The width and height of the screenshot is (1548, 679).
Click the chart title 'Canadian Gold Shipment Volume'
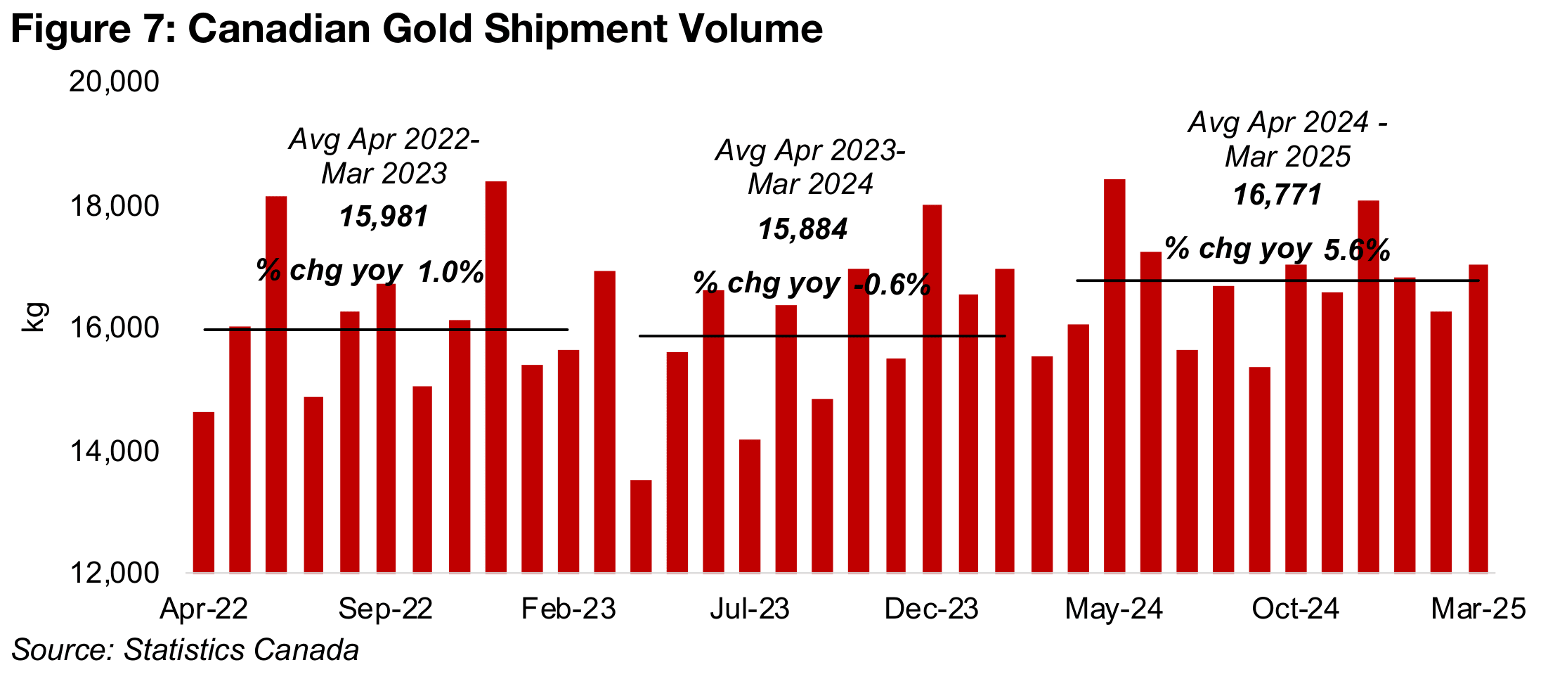[416, 30]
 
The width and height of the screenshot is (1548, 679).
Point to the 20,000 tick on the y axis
[114, 82]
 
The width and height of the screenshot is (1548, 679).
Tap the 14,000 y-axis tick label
[114, 451]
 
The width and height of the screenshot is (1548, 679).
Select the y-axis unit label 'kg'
[34, 317]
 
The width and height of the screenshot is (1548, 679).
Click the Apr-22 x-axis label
[204, 609]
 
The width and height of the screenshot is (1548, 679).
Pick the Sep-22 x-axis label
[385, 609]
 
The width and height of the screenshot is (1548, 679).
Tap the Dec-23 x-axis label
[931, 609]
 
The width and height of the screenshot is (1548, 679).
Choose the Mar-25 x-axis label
[1478, 609]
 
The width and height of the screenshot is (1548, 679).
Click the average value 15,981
[384, 216]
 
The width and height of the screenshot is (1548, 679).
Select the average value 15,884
[802, 229]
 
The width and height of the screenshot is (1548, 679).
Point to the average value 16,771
[1277, 195]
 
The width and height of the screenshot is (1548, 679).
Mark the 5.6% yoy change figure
[1357, 250]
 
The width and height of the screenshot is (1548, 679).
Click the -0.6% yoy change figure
[892, 285]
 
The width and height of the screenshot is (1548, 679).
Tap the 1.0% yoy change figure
[451, 272]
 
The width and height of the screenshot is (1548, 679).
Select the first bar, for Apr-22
[204, 492]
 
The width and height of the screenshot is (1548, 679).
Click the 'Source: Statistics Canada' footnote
[185, 650]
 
